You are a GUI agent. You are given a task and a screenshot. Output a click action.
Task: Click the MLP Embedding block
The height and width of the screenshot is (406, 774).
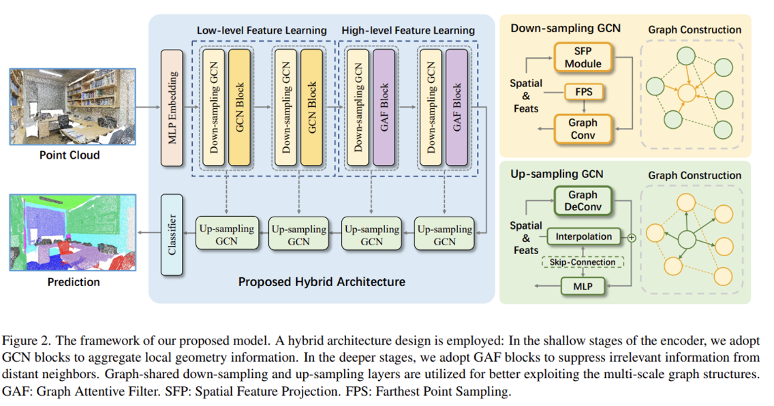[171, 108]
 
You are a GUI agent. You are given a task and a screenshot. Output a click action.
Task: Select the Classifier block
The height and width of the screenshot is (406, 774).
[171, 234]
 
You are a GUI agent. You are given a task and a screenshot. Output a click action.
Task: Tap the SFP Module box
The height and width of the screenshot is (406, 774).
[583, 57]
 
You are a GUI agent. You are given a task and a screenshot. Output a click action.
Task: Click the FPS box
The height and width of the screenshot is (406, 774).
[584, 92]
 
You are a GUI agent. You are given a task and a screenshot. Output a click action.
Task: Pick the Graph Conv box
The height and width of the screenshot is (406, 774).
[583, 129]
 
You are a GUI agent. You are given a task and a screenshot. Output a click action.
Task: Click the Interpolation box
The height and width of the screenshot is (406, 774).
[584, 237]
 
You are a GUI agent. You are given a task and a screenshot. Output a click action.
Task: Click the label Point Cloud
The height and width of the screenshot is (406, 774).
[69, 155]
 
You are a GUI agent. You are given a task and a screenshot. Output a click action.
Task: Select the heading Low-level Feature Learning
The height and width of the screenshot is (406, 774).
[262, 31]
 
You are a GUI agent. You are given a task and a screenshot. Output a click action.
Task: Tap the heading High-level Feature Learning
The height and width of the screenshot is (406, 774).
[408, 31]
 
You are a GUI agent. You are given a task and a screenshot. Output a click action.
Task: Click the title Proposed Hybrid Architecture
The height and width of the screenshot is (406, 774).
[322, 282]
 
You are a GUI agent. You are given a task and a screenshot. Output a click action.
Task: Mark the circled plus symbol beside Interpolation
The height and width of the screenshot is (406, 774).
[631, 238]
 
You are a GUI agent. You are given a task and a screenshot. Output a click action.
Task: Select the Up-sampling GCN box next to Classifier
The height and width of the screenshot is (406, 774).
[226, 235]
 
